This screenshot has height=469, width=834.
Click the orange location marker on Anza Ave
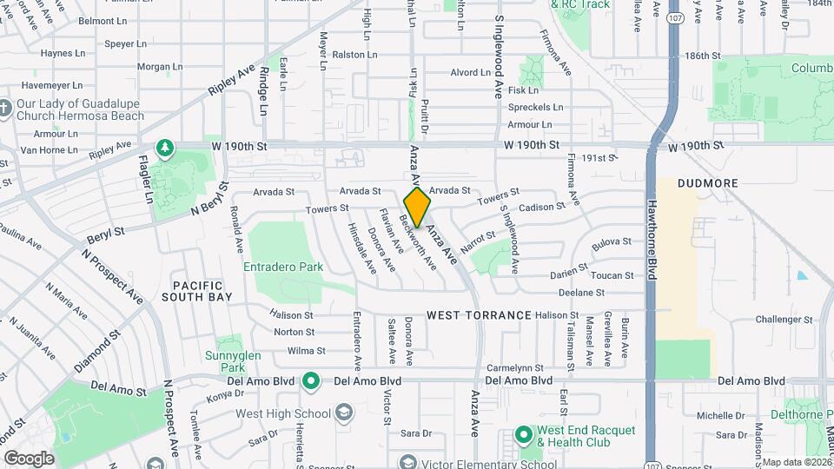tap(418, 208)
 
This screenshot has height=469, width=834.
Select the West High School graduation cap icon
tap(344, 413)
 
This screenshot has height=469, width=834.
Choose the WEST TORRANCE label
tap(479, 314)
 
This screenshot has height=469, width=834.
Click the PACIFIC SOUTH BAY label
tap(197, 291)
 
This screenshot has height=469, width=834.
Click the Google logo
tap(29, 458)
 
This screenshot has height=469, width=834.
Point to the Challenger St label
tap(783, 320)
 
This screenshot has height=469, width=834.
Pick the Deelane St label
tap(581, 293)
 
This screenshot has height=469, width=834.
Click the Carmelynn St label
tap(514, 368)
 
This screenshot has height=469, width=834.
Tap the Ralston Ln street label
tap(355, 55)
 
